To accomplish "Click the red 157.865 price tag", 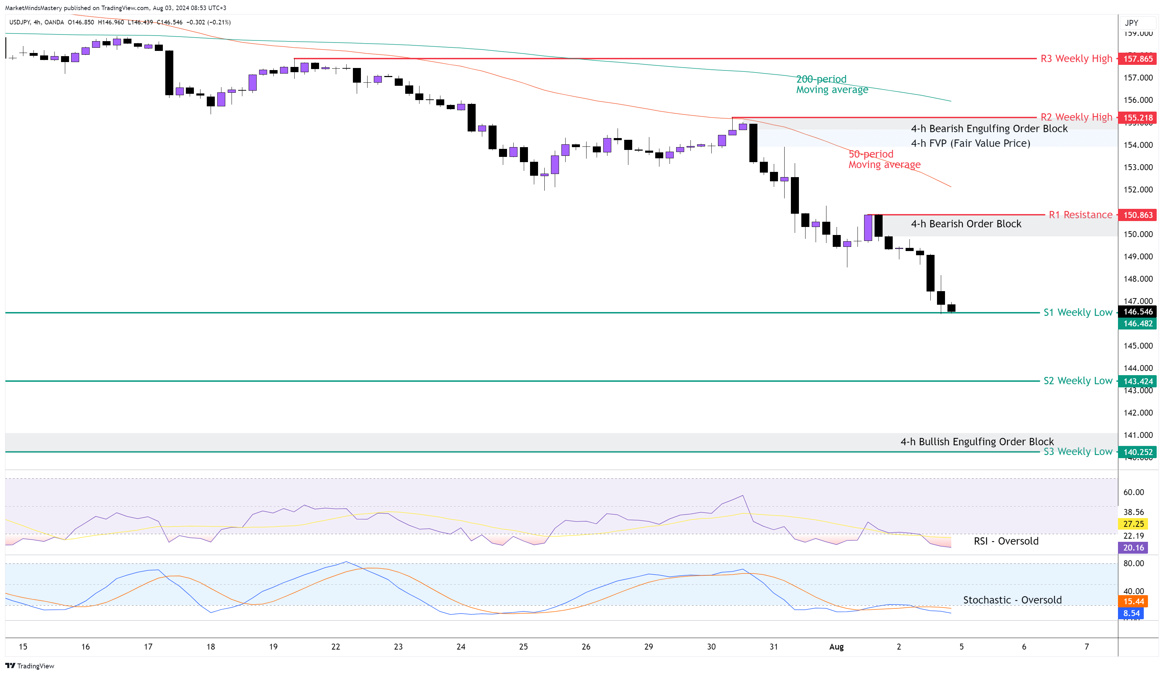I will pos(1137,59).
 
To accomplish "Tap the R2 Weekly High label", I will pos(1076,117).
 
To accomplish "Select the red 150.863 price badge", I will pos(1137,215).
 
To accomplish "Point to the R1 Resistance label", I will pos(1080,215).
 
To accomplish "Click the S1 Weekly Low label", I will pos(1078,312).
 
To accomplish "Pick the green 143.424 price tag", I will pos(1137,381).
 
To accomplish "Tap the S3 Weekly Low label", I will pos(1078,452).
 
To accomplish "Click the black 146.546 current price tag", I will pos(1137,312).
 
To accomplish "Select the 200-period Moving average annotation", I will pos(831,84).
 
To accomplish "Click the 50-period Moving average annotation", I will pos(884,159).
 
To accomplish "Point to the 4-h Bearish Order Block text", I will pos(966,224).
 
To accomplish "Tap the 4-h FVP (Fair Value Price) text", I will pos(970,143).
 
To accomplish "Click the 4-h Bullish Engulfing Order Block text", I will pos(977,441).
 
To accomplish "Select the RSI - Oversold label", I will pos(1006,541).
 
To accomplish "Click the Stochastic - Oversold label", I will pos(1012,600).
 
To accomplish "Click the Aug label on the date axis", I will pos(836,647).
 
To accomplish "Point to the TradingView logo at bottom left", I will pos(30,666).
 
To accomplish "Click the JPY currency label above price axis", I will pos(1131,23).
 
